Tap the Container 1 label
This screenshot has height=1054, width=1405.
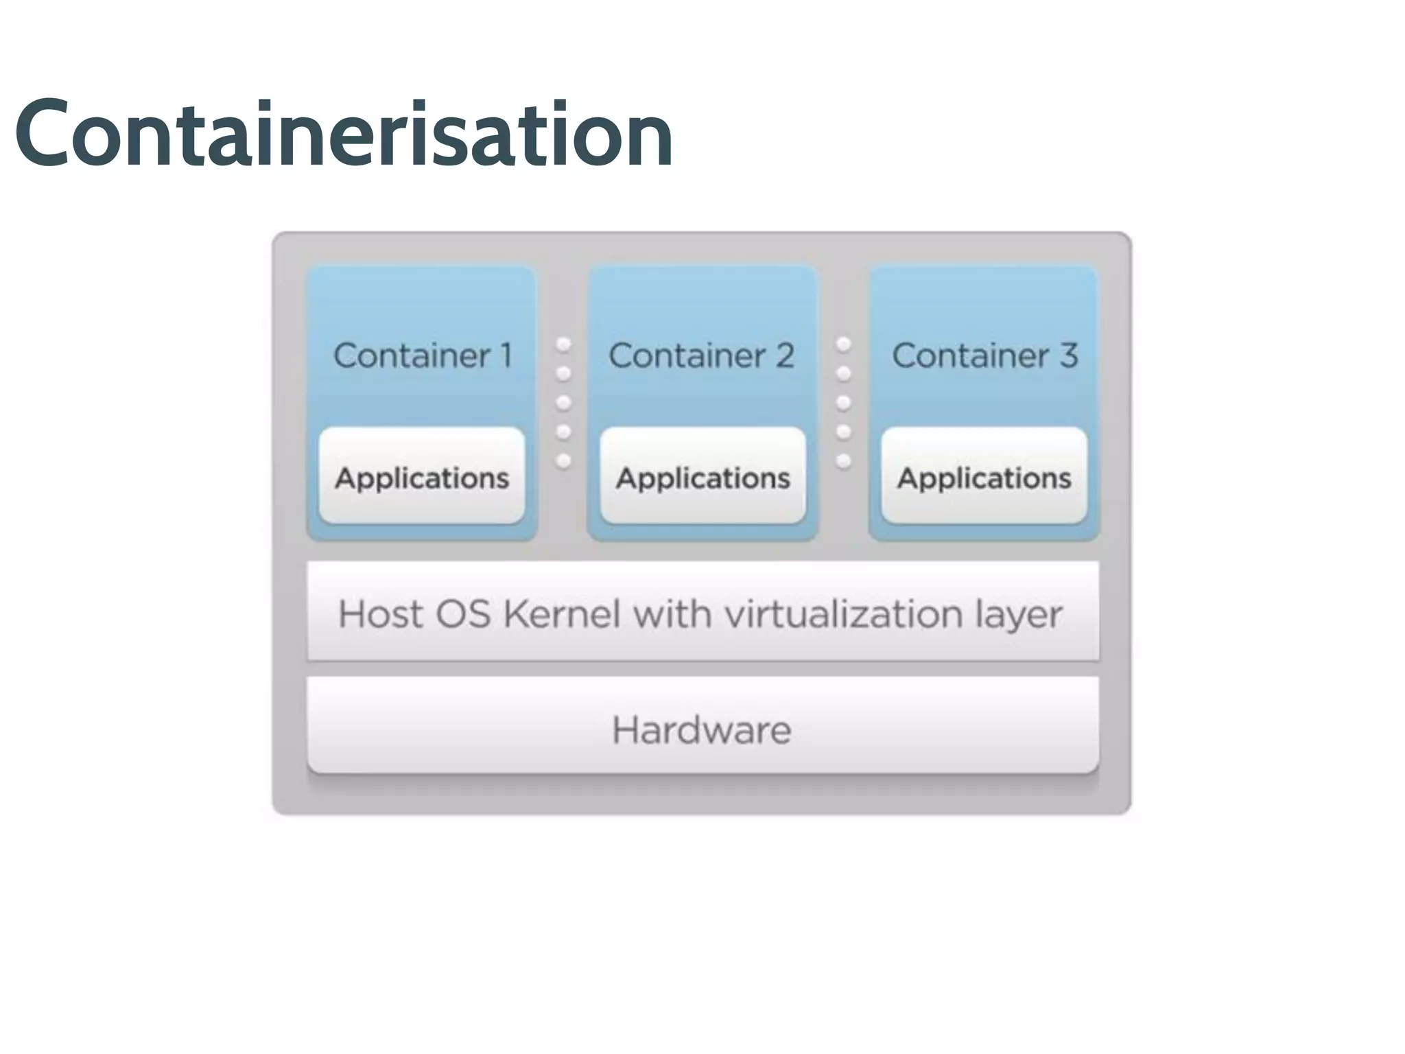423,355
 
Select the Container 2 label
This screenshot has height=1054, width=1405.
701,355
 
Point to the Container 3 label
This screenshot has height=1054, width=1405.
984,355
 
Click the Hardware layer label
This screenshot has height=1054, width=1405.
701,729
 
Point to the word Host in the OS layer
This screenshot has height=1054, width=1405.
380,613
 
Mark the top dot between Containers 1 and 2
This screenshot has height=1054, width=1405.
563,344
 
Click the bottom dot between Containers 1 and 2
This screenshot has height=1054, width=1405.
563,460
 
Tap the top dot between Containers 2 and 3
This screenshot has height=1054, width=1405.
844,344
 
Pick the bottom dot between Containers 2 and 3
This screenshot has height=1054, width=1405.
844,460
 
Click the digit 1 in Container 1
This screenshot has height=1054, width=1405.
506,355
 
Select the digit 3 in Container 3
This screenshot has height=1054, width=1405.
1068,355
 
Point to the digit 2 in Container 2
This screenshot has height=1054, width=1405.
785,355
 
